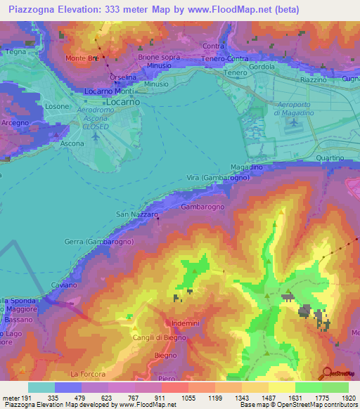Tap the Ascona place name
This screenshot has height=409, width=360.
(x=72, y=143)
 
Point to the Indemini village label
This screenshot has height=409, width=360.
(x=187, y=323)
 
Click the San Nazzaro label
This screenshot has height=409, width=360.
(x=136, y=213)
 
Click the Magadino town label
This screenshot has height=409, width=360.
(x=266, y=167)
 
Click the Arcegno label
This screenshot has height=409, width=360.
(x=15, y=122)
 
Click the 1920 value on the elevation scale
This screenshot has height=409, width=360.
(x=349, y=398)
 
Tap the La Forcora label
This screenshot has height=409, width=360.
(x=87, y=373)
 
